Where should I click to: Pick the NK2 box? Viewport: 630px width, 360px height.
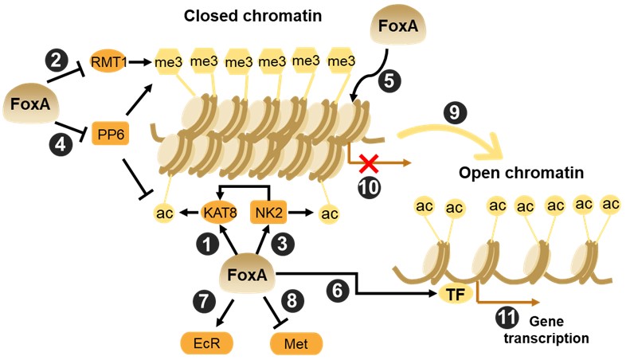269,213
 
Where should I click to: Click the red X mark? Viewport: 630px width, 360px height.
368,162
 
